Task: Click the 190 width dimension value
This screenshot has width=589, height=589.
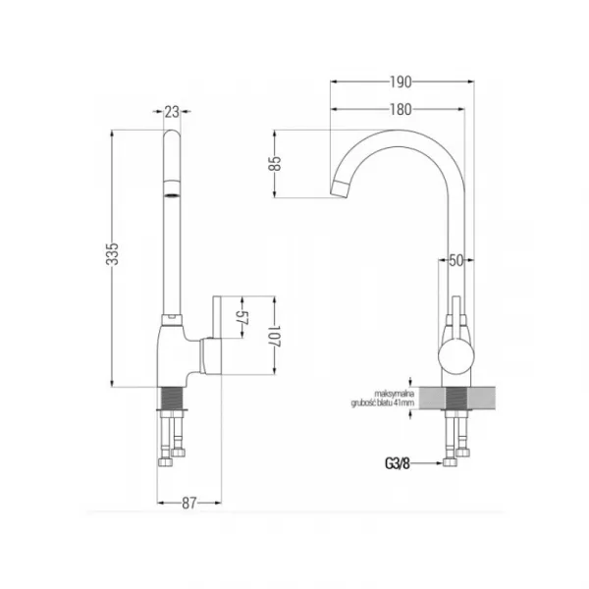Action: pyautogui.click(x=401, y=81)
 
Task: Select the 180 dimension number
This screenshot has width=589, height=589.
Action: pyautogui.click(x=401, y=110)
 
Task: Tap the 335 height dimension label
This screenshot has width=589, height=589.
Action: pyautogui.click(x=112, y=254)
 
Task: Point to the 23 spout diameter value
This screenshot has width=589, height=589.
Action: pyautogui.click(x=172, y=112)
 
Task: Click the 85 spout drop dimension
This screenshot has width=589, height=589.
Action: pyautogui.click(x=275, y=163)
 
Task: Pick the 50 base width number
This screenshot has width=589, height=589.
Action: pyautogui.click(x=456, y=260)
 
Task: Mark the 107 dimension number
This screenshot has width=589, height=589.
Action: pyautogui.click(x=275, y=336)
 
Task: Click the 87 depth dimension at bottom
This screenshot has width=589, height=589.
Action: pyautogui.click(x=188, y=503)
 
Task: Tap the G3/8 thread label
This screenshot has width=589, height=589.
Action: pyautogui.click(x=397, y=464)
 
